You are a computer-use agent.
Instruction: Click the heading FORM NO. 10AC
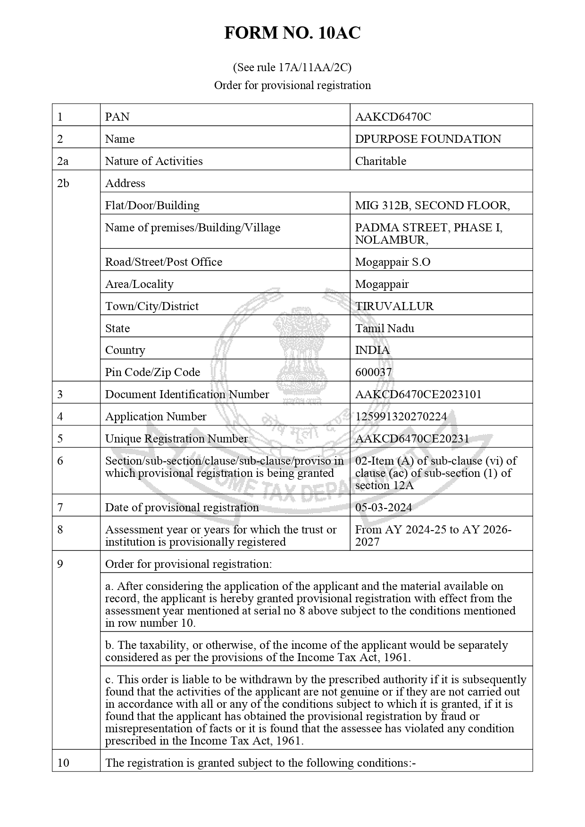[292, 33]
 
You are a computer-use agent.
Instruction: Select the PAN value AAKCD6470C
[393, 117]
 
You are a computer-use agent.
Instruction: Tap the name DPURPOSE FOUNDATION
[428, 139]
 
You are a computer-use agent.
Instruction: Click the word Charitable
[380, 161]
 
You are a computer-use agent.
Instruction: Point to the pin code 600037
[373, 372]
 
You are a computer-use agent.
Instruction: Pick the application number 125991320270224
[401, 417]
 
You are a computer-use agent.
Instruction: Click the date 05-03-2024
[384, 508]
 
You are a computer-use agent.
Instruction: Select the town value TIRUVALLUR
[394, 306]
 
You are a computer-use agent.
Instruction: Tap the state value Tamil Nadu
[384, 328]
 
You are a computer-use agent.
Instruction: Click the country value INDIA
[372, 350]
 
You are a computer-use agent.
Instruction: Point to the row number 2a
[63, 161]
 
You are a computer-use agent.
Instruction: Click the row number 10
[63, 763]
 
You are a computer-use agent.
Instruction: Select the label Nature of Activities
[154, 161]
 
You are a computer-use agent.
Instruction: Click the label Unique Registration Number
[176, 439]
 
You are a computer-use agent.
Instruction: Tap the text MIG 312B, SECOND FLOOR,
[432, 205]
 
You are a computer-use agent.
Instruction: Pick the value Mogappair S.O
[393, 262]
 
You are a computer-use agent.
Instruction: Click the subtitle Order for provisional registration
[292, 85]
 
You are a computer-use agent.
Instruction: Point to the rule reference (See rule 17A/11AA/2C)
[292, 67]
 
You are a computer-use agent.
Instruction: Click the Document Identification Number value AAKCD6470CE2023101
[418, 394]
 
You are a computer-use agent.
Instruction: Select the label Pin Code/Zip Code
[152, 372]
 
